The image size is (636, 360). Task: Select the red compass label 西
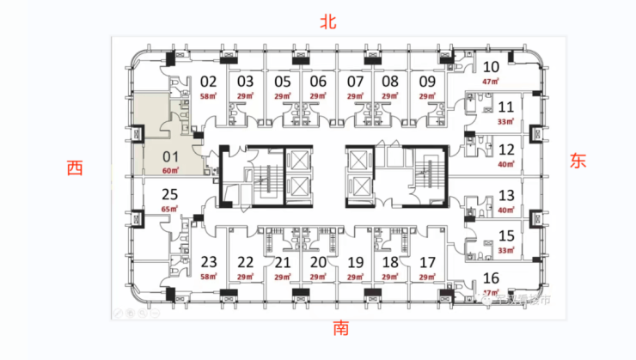(x=75, y=168)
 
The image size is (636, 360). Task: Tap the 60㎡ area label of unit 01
(x=169, y=171)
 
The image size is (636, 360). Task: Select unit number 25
(x=169, y=194)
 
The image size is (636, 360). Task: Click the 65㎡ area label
(x=169, y=209)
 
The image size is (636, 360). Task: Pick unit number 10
(x=492, y=67)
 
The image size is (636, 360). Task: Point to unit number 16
(x=492, y=277)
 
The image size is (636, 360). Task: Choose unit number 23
(x=209, y=262)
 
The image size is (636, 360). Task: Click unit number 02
(x=208, y=82)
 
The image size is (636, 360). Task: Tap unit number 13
(x=506, y=195)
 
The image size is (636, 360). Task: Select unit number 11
(x=506, y=107)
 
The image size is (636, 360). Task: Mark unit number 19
(x=354, y=262)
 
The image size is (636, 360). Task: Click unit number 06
(x=318, y=82)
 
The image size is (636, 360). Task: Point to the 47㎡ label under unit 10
(x=491, y=81)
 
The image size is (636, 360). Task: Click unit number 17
(x=427, y=262)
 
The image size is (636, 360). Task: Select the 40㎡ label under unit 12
(x=506, y=163)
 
